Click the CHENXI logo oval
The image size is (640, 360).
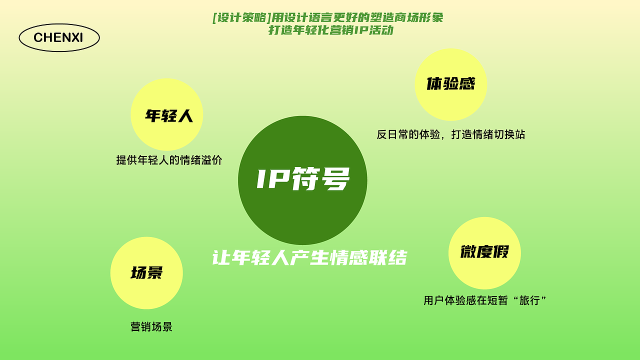pos(59,38)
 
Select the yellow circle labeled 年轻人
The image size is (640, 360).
pos(166,114)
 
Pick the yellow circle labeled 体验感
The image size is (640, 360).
pos(450,84)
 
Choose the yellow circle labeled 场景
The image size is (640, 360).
pos(146,273)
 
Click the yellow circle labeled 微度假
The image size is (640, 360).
pos(484,253)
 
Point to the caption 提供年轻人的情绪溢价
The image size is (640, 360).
pos(169,160)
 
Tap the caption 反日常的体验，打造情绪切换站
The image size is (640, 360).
pos(450,134)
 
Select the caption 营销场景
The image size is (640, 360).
pos(151,327)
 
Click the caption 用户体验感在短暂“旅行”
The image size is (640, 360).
pos(484,300)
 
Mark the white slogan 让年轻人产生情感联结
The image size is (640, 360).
pos(309,258)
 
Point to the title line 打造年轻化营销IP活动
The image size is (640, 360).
pos(330,30)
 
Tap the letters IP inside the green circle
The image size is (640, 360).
pos(271,179)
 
